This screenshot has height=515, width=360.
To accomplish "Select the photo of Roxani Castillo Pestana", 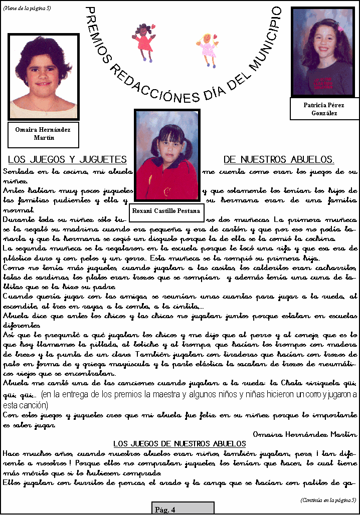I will (x=167, y=155).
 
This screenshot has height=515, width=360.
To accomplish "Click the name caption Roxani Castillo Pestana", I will (x=166, y=211).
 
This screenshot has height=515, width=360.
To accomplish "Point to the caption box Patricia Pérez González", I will (x=324, y=109).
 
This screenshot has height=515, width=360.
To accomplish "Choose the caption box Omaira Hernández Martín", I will (x=43, y=133).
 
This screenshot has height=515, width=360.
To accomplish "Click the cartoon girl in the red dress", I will (x=144, y=40).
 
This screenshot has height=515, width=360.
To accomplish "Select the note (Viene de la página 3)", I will (x=27, y=8).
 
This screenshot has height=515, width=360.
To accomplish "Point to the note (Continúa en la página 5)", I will (x=328, y=499).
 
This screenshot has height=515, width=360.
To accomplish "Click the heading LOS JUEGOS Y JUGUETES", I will (x=67, y=160).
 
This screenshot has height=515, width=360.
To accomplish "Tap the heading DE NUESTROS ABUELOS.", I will (x=279, y=160).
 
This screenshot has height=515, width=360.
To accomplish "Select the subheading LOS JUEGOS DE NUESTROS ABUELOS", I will (x=179, y=443).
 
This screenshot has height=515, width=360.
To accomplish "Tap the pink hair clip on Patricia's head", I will (x=340, y=28).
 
